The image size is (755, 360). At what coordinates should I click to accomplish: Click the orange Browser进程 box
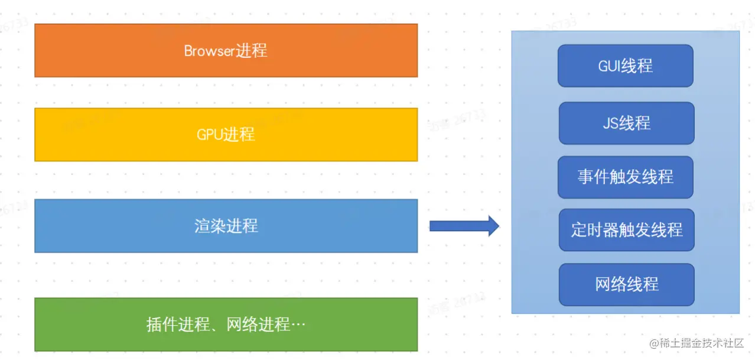[x=226, y=50]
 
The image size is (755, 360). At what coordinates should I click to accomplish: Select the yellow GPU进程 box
[x=226, y=134]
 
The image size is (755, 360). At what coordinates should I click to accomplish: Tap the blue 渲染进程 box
[x=226, y=226]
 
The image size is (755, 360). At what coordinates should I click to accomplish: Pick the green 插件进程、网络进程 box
[x=226, y=325]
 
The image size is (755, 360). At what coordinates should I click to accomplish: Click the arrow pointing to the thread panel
[x=464, y=226]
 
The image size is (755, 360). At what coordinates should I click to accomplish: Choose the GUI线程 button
[x=626, y=66]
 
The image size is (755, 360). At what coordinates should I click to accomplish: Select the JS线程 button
[x=626, y=123]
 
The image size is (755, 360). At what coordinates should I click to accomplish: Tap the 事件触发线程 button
[x=626, y=177]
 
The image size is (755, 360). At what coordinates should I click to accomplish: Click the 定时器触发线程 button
[x=626, y=229]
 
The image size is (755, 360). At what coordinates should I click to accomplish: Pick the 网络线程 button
[x=626, y=284]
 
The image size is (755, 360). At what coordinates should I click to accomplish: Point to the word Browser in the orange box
[x=210, y=51]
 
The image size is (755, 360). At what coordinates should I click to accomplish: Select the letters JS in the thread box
[x=610, y=123]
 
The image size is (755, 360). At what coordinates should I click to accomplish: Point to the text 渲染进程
[x=226, y=226]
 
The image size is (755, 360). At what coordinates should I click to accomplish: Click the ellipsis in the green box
[x=298, y=325]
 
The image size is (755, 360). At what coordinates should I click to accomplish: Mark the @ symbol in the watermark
[x=654, y=343]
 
